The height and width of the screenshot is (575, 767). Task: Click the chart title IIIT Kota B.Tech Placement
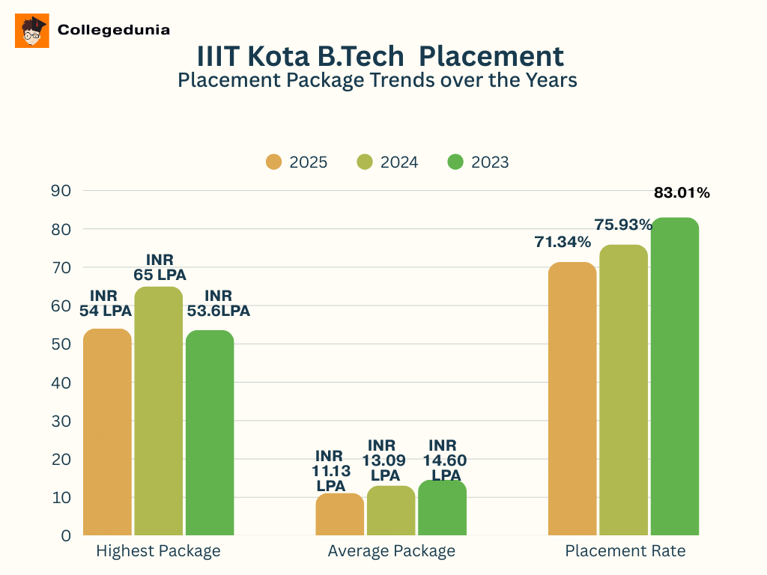point(380,56)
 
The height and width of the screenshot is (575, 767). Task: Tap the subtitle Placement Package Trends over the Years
point(378,79)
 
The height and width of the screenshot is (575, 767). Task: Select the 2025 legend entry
point(297,162)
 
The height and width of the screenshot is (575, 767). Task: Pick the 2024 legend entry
point(387,162)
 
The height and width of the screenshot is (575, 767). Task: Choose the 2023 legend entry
point(478,162)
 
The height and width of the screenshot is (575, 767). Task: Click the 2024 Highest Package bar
point(159,412)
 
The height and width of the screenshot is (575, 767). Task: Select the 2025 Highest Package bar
point(107,433)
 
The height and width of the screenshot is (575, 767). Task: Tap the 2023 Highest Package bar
point(210,434)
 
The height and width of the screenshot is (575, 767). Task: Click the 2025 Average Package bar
point(339,515)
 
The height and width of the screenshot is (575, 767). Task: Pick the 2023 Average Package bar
point(442,508)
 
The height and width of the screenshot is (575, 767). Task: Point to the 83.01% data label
point(682,193)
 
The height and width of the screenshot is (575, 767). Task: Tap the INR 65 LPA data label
point(160,267)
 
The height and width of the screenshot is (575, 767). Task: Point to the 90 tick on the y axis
point(61,191)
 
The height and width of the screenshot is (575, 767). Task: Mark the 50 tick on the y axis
point(61,344)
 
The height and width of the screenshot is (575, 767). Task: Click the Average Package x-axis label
point(391,552)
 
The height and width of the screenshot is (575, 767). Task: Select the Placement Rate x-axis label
point(625,552)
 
